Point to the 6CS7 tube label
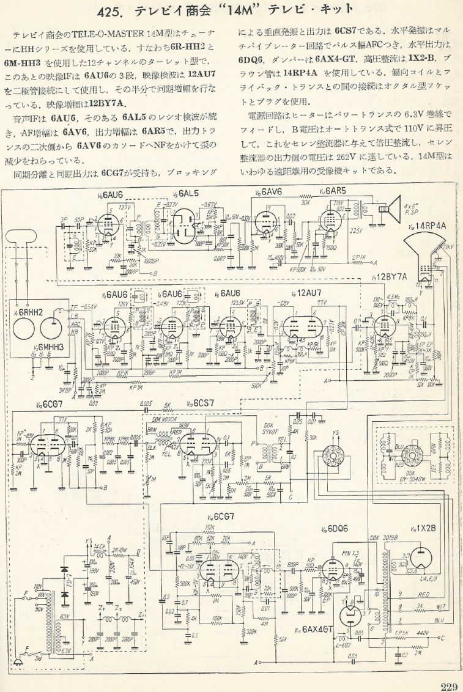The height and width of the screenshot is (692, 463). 203,403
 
